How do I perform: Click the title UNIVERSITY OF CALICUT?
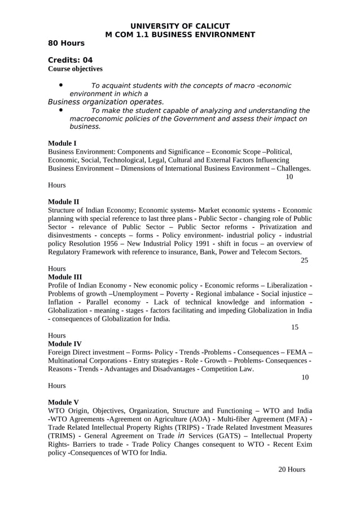pyautogui.click(x=180, y=26)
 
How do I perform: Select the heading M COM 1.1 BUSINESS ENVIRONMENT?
pyautogui.click(x=180, y=34)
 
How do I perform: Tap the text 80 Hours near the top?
pyautogui.click(x=66, y=43)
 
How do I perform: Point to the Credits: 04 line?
pyautogui.click(x=70, y=60)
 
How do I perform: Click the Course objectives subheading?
pyautogui.click(x=75, y=69)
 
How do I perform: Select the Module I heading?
pyautogui.click(x=62, y=143)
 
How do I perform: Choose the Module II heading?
pyautogui.click(x=64, y=202)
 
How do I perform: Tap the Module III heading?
pyautogui.click(x=65, y=277)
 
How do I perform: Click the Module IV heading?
pyautogui.click(x=65, y=343)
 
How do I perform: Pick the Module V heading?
pyautogui.click(x=63, y=402)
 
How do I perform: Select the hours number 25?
pyautogui.click(x=304, y=260)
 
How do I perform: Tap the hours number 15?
pyautogui.click(x=295, y=327)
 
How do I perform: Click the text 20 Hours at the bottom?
pyautogui.click(x=292, y=469)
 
